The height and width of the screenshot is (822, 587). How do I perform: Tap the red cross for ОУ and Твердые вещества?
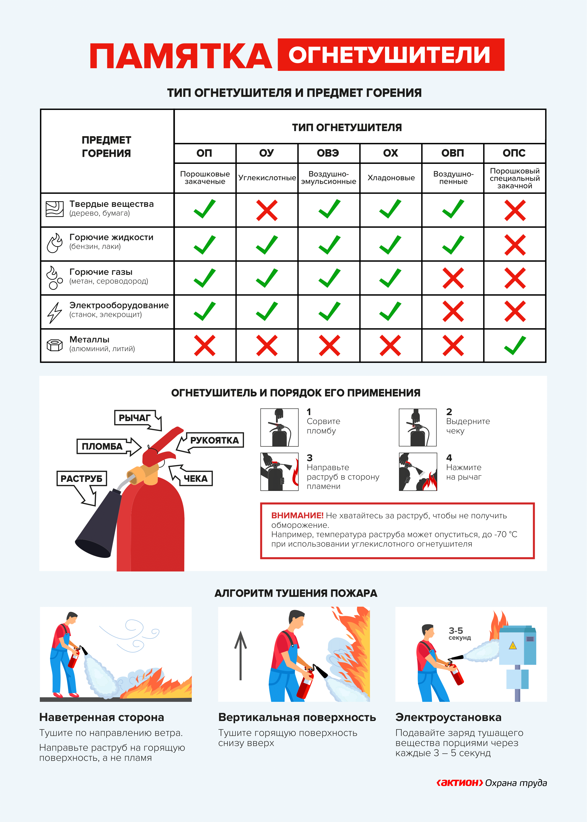coord(267,210)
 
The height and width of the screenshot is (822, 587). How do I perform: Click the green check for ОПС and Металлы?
coord(515,345)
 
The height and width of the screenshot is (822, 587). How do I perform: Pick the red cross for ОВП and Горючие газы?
coord(453,278)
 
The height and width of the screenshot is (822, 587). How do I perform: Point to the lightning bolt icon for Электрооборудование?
coord(55,312)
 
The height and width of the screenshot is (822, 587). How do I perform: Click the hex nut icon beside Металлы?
coord(55,345)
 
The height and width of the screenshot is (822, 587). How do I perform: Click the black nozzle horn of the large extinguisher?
coord(98,520)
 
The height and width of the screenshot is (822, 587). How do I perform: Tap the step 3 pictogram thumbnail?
coord(279,471)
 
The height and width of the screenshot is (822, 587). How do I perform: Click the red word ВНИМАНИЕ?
coord(297,515)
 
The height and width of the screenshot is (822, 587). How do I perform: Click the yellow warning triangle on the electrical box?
coord(512,646)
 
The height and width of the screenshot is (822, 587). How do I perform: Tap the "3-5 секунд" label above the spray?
coord(459,634)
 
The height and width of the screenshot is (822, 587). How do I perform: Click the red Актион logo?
coord(459,783)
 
